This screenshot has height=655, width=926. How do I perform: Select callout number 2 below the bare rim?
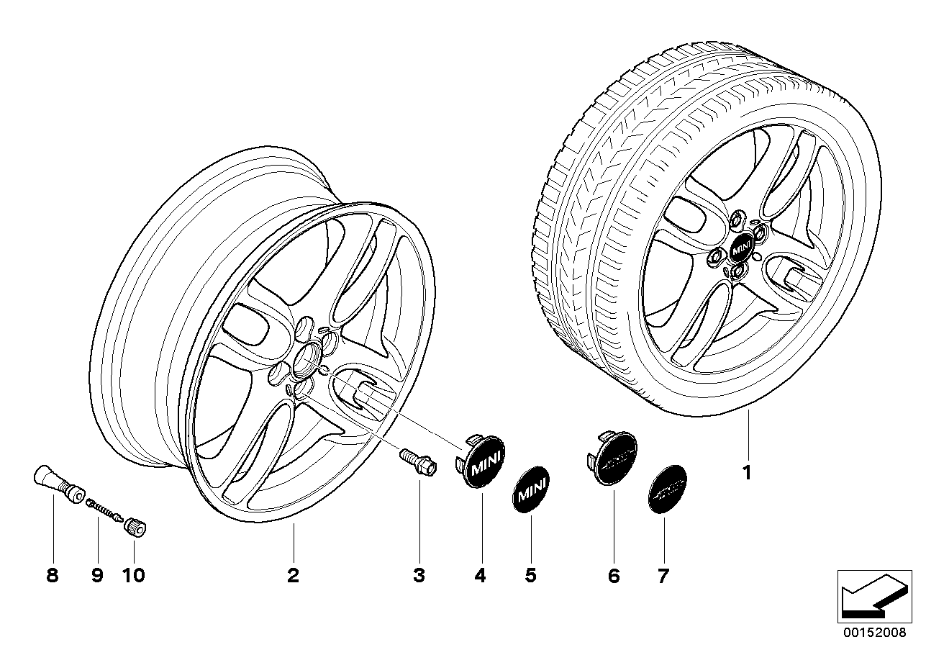pyautogui.click(x=292, y=575)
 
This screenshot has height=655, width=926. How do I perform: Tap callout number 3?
pyautogui.click(x=419, y=575)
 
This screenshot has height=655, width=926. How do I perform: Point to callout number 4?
pyautogui.click(x=480, y=575)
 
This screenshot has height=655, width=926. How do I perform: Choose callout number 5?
pyautogui.click(x=530, y=575)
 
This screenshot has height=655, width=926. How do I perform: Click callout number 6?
pyautogui.click(x=613, y=575)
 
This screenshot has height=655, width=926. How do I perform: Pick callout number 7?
pyautogui.click(x=663, y=575)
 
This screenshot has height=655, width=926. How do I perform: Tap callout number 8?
pyautogui.click(x=52, y=575)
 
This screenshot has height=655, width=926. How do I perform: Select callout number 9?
pyautogui.click(x=96, y=575)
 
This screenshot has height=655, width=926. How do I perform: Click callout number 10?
pyautogui.click(x=134, y=575)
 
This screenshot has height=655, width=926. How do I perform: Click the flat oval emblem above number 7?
pyautogui.click(x=662, y=489)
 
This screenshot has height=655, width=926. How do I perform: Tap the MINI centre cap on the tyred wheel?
pyautogui.click(x=740, y=250)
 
